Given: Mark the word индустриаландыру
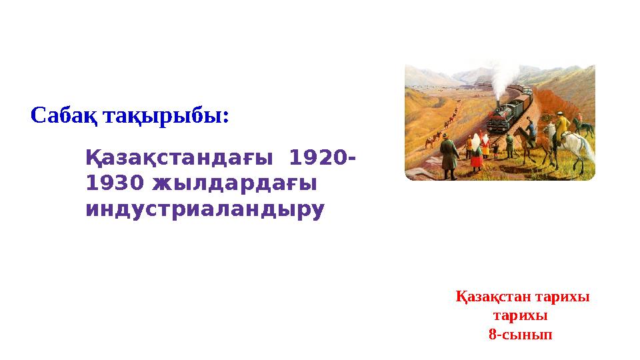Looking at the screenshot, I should pyautogui.click(x=205, y=209).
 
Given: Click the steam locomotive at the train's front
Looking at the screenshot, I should pyautogui.click(x=501, y=119).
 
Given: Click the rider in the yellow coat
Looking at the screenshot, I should pyautogui.click(x=561, y=126).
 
